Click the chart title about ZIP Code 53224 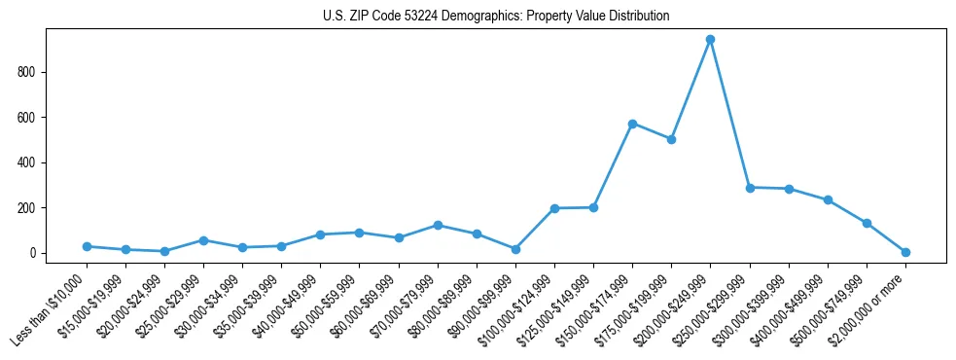coord(496,17)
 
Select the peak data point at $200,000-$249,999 coord(710,40)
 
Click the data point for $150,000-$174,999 coord(632,124)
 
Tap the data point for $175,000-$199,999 coord(671,139)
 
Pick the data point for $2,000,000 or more coord(905,252)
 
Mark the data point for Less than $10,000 coord(87,246)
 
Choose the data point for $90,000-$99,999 coord(515,249)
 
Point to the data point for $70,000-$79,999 coord(438,225)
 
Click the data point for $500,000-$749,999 coord(867,223)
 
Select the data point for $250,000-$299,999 coord(750,187)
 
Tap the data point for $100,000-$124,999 coord(554,208)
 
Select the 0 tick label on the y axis coord(33,253)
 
